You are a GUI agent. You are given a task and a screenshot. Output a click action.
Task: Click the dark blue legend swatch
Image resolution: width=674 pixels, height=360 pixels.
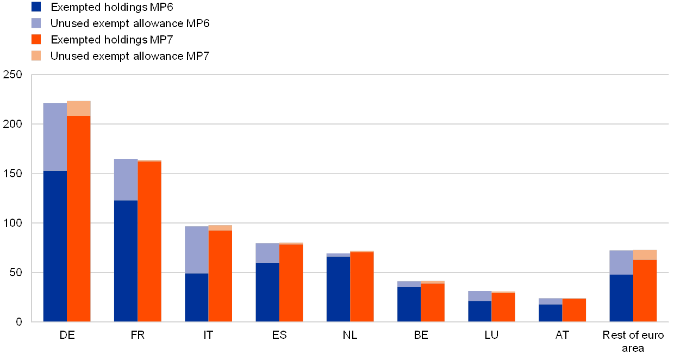point(36,7)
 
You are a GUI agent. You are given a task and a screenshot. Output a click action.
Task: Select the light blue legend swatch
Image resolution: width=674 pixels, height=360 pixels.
point(36,23)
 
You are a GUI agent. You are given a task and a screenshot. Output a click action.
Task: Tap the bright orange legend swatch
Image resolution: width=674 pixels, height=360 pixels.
point(36,39)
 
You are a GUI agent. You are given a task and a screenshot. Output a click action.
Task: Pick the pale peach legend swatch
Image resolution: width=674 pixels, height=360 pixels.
point(36,55)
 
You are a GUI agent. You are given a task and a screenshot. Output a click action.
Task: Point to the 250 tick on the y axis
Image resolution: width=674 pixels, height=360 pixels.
point(13,75)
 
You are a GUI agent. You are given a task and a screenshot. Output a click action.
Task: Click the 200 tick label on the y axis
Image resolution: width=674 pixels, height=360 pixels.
point(13,124)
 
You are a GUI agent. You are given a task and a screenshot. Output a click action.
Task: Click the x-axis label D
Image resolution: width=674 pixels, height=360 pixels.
point(66,335)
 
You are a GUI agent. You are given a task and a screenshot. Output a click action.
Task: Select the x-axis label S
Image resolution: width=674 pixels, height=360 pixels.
point(283,335)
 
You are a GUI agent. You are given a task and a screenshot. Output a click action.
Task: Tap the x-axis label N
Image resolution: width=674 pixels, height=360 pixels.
point(347,335)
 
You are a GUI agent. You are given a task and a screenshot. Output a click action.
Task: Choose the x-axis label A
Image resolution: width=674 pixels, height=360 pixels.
point(559,335)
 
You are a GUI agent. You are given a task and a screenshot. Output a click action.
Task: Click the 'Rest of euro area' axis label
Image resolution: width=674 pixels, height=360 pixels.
point(634,341)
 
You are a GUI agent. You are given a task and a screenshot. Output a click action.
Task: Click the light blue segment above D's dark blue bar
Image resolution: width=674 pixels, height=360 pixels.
point(55,136)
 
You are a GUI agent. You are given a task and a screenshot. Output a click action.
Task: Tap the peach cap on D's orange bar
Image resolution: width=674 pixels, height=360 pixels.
point(79,108)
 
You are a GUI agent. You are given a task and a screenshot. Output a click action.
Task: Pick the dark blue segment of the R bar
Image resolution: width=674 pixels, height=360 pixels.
point(126,261)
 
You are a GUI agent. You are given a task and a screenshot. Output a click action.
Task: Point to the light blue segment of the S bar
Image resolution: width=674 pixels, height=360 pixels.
point(267,253)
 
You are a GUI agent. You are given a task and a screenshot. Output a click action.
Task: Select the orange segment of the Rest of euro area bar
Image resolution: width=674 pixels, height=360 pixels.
point(645,290)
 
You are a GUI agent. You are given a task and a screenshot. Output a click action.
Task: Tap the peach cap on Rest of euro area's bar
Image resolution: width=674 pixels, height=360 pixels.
point(645,255)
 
